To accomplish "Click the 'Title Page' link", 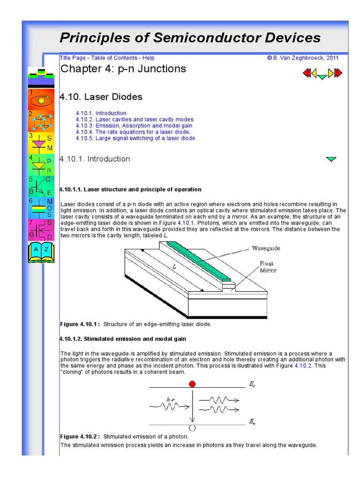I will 73,58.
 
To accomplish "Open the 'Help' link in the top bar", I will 148,58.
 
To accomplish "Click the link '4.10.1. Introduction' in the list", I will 101,113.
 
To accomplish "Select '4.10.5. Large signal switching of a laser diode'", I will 135,138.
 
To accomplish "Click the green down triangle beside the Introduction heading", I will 330,159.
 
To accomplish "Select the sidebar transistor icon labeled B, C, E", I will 41,186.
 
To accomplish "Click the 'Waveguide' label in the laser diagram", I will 266,247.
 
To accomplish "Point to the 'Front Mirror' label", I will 268,267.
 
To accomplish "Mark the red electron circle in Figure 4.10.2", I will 192,384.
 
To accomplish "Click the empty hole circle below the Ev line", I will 192,428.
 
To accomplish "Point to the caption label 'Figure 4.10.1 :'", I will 80,324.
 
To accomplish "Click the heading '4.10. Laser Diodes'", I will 101,97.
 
